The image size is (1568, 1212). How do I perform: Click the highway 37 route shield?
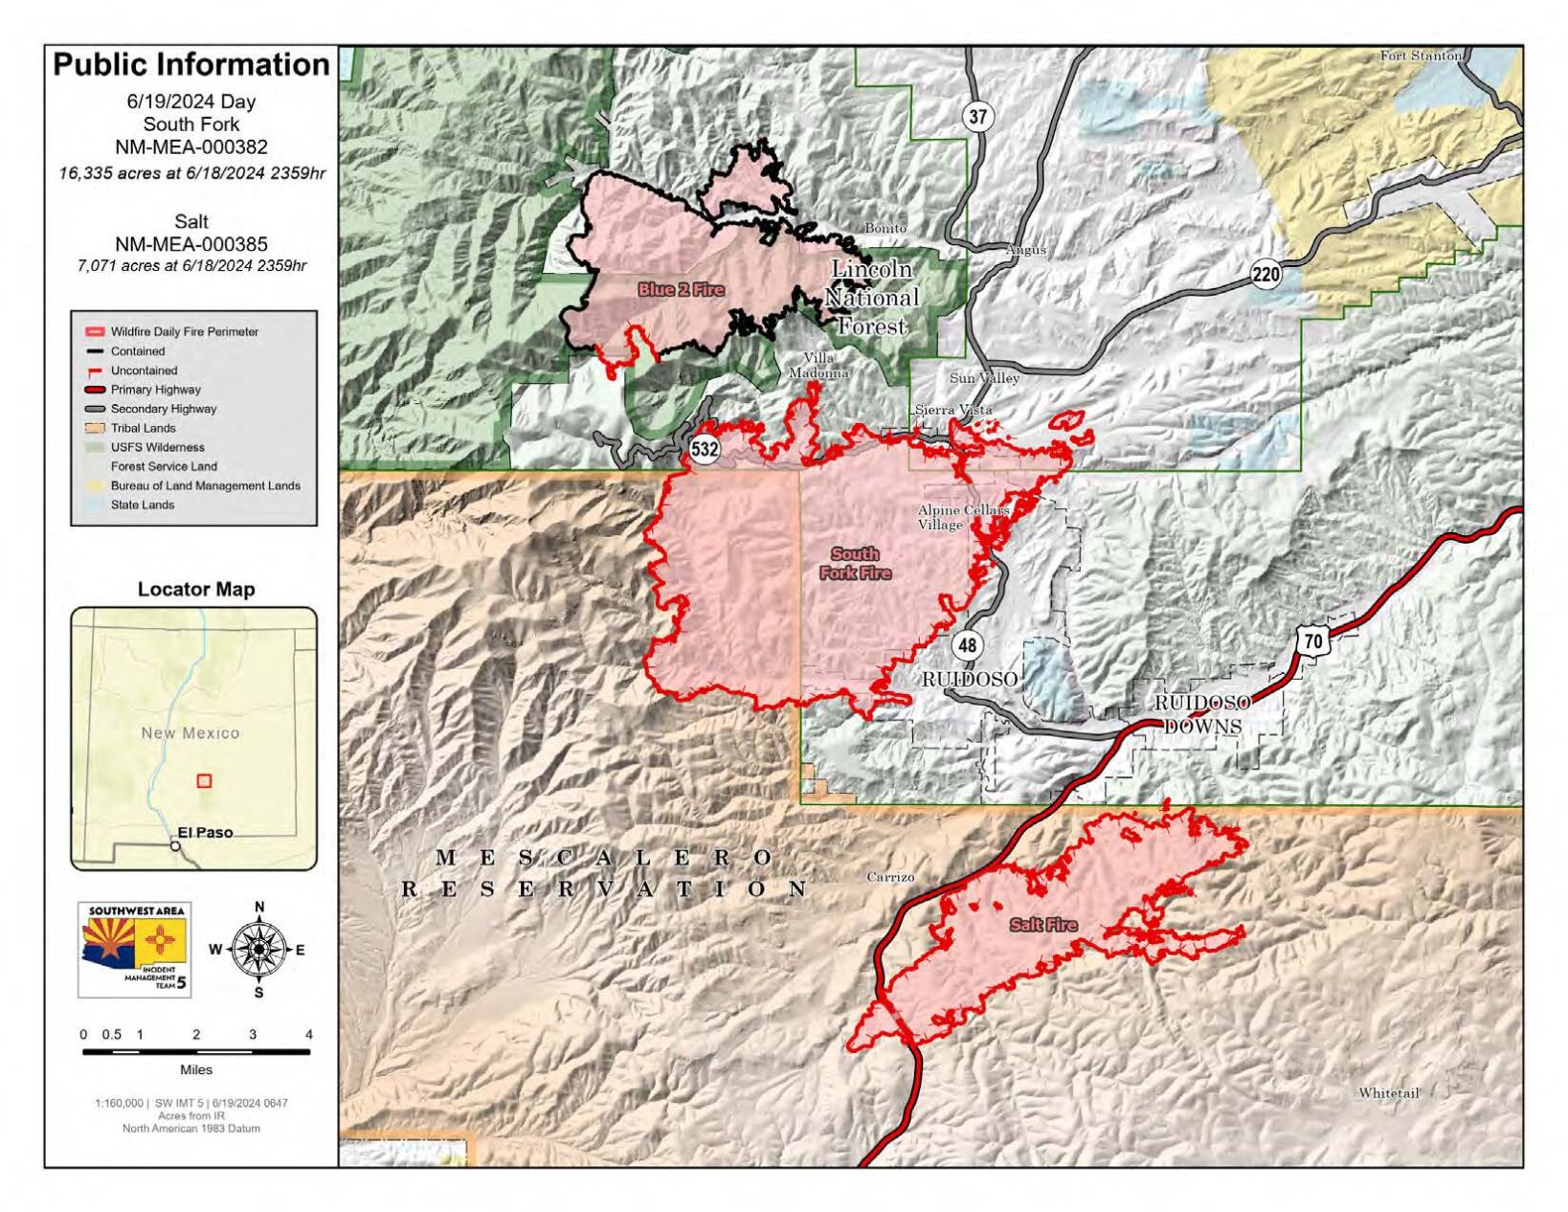click(976, 118)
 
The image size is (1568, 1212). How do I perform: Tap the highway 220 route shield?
click(1265, 276)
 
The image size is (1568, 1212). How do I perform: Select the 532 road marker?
click(705, 449)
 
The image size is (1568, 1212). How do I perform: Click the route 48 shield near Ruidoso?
click(967, 645)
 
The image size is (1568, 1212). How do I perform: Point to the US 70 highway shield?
click(1312, 640)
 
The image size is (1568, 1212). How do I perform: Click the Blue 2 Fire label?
click(681, 289)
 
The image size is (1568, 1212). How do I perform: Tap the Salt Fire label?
click(1042, 925)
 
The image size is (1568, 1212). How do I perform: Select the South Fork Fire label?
click(855, 563)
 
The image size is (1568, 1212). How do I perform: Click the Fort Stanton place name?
click(1421, 56)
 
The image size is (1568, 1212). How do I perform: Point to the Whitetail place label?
click(1388, 1092)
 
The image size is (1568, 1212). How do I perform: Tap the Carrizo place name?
click(890, 877)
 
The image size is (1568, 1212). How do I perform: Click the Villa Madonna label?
click(818, 366)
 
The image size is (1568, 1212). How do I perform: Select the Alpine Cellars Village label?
click(962, 517)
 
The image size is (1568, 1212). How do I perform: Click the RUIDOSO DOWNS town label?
click(1202, 714)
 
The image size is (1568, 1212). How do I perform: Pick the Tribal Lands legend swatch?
click(94, 428)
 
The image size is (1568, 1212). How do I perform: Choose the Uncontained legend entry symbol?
click(94, 370)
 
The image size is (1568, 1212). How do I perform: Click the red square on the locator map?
click(204, 780)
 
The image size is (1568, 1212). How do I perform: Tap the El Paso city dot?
click(175, 846)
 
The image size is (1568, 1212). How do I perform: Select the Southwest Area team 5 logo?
click(135, 950)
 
